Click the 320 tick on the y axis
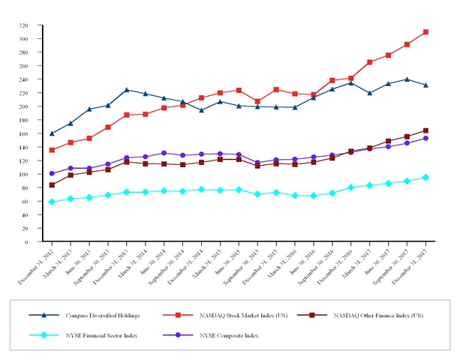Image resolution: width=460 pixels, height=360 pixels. point(35,25)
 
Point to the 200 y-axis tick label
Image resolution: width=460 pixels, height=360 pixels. point(35,106)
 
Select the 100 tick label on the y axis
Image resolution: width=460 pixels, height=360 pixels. point(35,174)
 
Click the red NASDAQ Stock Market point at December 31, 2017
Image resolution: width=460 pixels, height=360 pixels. point(425,32)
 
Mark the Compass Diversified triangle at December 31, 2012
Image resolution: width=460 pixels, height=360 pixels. point(52,133)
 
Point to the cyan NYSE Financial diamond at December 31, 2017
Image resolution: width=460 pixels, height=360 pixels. point(425,178)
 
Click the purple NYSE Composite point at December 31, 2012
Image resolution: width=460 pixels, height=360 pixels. point(52,173)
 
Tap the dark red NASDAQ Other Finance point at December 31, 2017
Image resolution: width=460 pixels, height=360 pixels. point(425,130)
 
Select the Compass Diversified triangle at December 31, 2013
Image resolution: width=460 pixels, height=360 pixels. point(127,90)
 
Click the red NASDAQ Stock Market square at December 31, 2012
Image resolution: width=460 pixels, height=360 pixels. point(52,150)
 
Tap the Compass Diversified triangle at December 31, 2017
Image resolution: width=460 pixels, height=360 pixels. point(425,85)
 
